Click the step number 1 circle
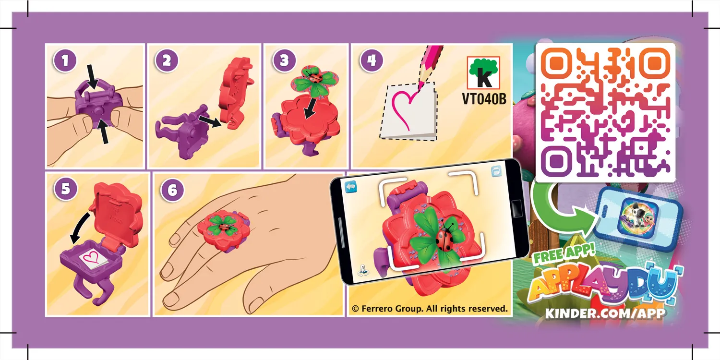point(65,60)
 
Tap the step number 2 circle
point(167,60)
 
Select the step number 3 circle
point(284,60)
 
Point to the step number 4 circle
point(372,60)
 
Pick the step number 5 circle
point(66,189)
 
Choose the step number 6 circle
point(172,190)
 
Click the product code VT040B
point(484,99)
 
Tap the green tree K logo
point(483,72)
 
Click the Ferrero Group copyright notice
point(430,309)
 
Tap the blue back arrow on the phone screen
point(351,187)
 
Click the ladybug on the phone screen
point(445,239)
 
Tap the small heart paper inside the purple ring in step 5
point(93,258)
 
